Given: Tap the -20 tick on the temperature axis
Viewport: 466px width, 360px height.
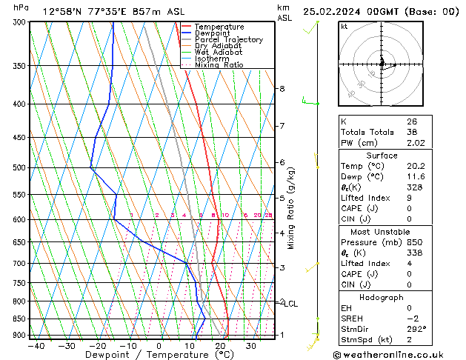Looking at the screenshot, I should coord(97,345).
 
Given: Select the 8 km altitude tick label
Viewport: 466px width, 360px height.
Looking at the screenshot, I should coord(282,89).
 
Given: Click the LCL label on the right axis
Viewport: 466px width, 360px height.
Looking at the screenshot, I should coord(291,304).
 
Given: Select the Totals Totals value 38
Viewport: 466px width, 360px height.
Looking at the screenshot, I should coord(412,132).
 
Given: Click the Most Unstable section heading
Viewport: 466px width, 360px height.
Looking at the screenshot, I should coord(382,232).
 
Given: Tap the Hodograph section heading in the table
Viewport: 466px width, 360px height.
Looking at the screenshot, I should coord(382,297).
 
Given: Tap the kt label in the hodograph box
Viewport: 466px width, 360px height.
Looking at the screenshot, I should coord(344,27).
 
